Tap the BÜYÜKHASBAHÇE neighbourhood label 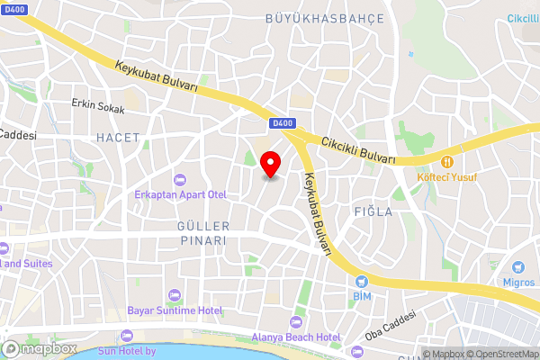(x=325, y=18)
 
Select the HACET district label (x=118, y=138)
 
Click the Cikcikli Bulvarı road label (x=358, y=148)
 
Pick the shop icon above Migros (x=517, y=267)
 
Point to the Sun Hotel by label (x=138, y=351)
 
